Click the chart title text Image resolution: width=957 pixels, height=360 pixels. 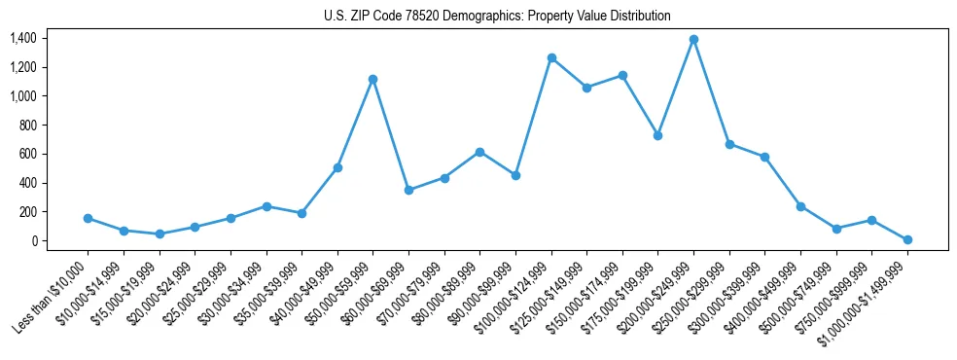[497, 16]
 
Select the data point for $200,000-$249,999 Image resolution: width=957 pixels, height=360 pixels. [693, 39]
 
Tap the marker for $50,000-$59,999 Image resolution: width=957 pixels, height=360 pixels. [372, 79]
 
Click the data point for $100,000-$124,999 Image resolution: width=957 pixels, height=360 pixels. [551, 57]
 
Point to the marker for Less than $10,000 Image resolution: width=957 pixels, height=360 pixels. [88, 218]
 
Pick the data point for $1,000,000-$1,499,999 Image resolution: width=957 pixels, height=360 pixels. [907, 239]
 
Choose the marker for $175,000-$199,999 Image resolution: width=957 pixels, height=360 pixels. [658, 135]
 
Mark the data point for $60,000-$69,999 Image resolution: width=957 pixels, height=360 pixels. [408, 190]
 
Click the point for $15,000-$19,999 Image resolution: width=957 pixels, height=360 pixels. [159, 234]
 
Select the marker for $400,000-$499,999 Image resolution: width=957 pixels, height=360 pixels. [800, 206]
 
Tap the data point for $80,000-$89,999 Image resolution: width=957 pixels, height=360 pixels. [479, 152]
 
